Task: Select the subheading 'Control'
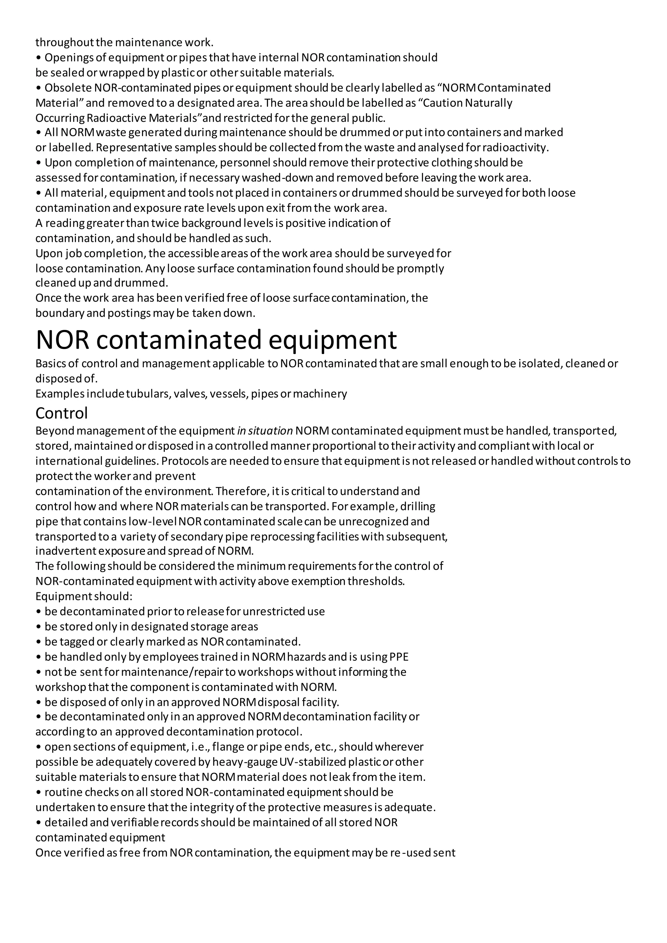(x=62, y=413)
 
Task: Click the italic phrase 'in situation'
(x=265, y=431)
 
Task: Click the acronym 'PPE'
(x=399, y=657)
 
